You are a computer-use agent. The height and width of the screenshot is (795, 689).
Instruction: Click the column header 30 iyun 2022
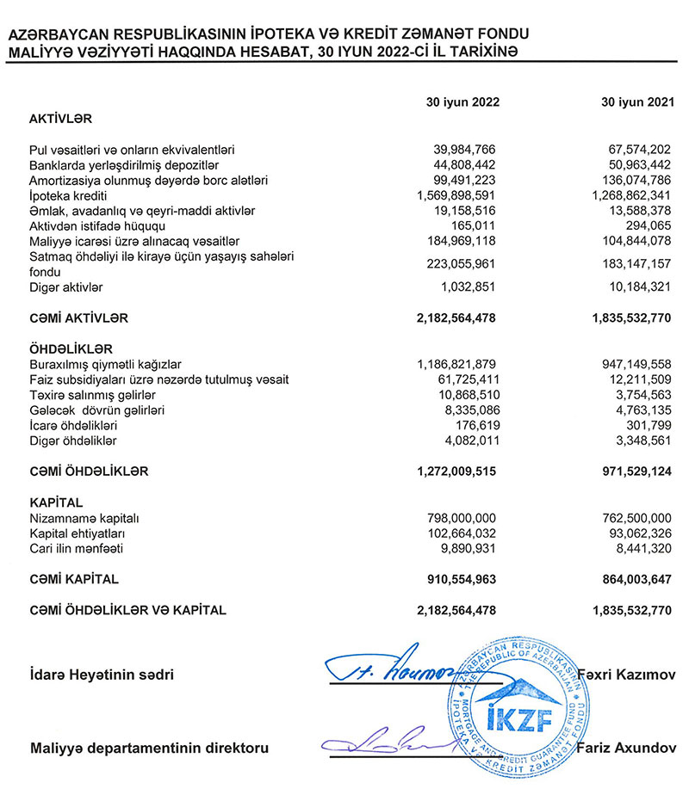tap(462, 102)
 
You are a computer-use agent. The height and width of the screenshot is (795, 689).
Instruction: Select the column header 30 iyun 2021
tap(636, 102)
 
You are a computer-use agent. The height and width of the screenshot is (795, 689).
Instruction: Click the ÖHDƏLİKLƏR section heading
tap(70, 348)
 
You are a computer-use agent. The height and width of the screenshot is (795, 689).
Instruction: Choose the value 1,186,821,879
tap(456, 364)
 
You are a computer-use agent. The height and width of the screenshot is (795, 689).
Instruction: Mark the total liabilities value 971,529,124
tap(633, 471)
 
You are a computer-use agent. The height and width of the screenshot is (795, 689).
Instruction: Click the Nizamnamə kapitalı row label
tap(84, 518)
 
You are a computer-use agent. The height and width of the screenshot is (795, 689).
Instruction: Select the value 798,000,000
tap(462, 518)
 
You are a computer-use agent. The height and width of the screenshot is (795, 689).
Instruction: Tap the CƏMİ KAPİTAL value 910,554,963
tap(462, 579)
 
